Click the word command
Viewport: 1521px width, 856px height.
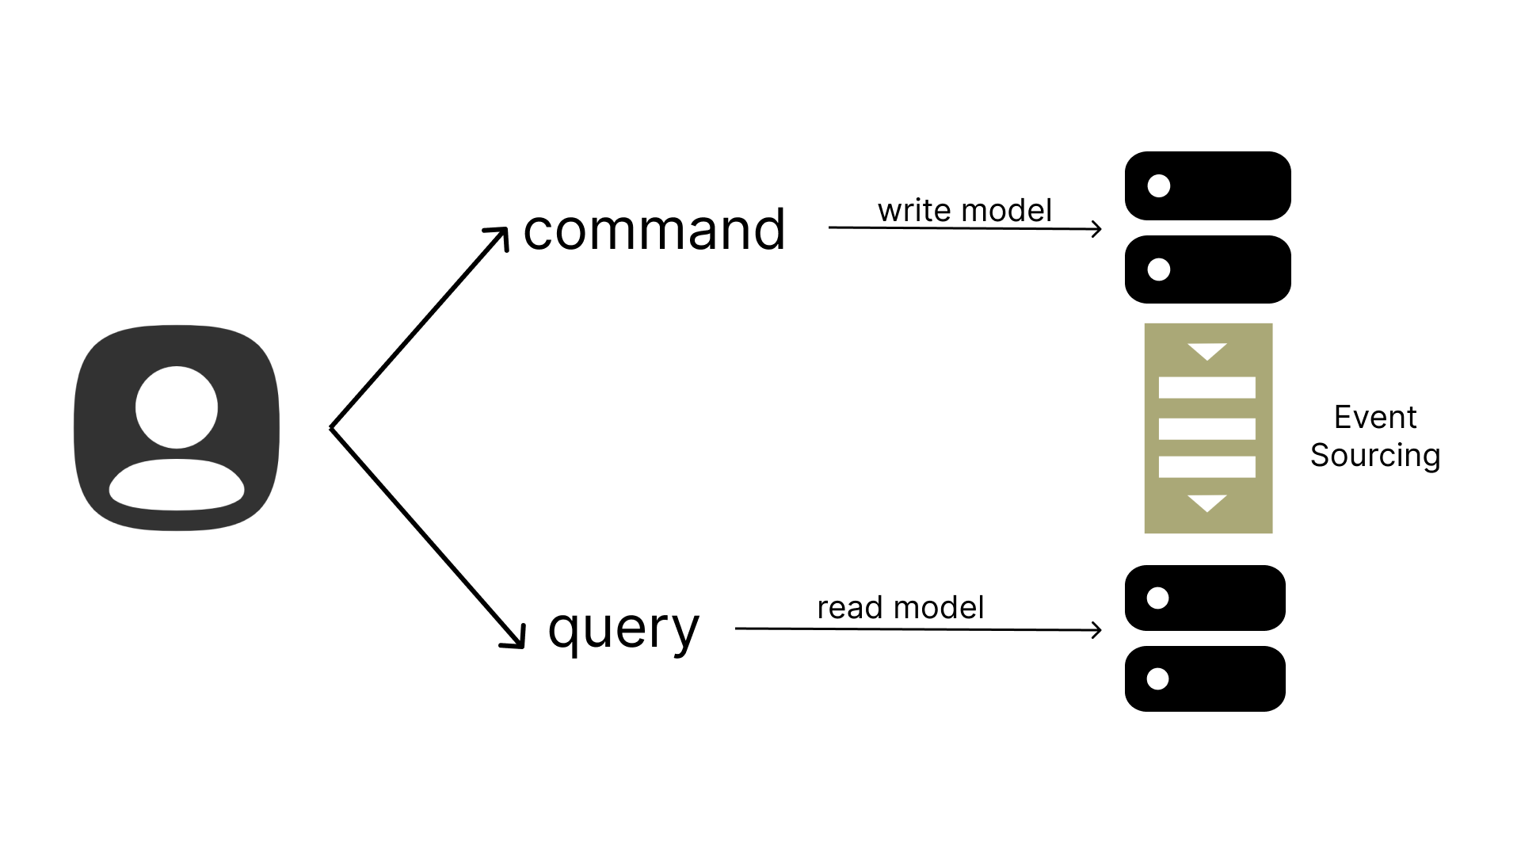[654, 231]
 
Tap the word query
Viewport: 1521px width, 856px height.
[623, 629]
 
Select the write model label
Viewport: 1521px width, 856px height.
[965, 211]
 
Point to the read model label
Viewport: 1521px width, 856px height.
[901, 608]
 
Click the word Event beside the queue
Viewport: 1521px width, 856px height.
[1375, 417]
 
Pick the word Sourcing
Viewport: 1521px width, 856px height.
[1375, 456]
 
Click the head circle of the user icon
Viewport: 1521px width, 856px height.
[177, 407]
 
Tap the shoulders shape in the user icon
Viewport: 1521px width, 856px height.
[177, 484]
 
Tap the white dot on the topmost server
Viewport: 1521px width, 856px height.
[1159, 185]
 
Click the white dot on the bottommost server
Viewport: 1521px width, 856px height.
[1157, 679]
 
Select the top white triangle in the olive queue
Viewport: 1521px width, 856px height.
[1207, 350]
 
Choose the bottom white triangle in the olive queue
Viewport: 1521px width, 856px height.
[1207, 503]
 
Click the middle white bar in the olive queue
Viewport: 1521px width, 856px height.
[1207, 429]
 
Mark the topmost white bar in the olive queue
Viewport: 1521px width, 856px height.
[1207, 388]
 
